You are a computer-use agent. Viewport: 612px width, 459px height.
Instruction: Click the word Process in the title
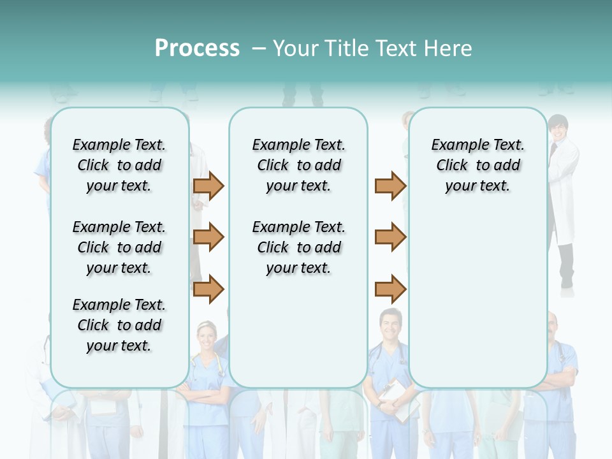pyautogui.click(x=197, y=48)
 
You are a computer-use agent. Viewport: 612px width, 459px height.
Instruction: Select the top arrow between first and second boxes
pyautogui.click(x=208, y=186)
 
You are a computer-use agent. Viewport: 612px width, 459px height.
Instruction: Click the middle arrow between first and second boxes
pyautogui.click(x=208, y=237)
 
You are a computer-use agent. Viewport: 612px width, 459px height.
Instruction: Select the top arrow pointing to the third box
pyautogui.click(x=390, y=186)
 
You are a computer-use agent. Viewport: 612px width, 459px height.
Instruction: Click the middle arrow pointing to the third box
pyautogui.click(x=390, y=237)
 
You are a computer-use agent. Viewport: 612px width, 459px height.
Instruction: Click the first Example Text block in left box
pyautogui.click(x=119, y=165)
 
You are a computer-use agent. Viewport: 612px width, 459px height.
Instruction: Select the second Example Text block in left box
pyautogui.click(x=119, y=247)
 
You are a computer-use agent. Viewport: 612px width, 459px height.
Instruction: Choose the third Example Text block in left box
pyautogui.click(x=119, y=325)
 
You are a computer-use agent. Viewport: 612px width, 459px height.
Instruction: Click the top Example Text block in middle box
pyautogui.click(x=298, y=165)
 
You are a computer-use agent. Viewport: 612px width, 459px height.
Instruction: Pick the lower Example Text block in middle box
pyautogui.click(x=298, y=247)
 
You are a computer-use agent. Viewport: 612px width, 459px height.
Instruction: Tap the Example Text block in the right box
pyautogui.click(x=477, y=165)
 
